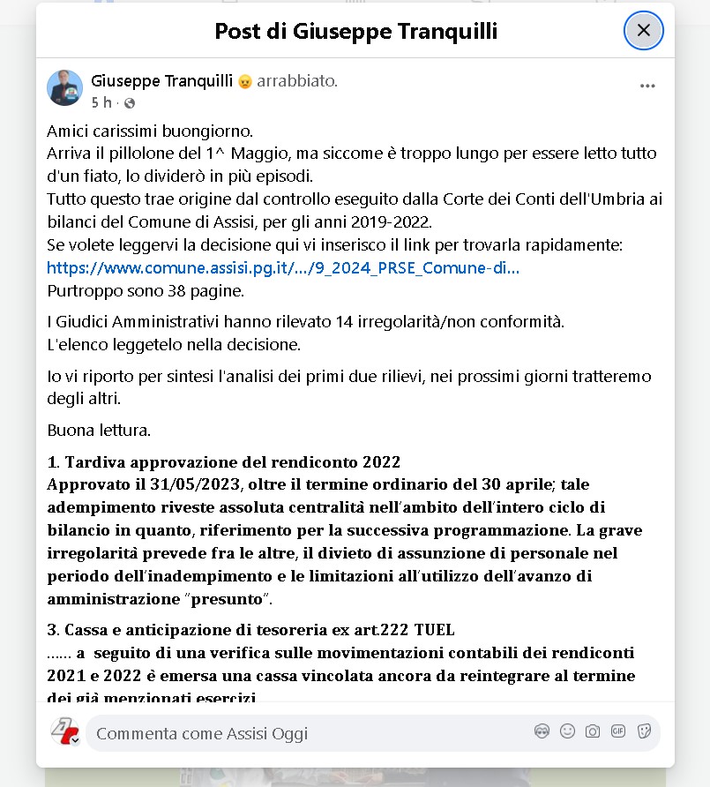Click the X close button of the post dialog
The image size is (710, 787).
[643, 31]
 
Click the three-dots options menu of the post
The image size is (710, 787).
[647, 86]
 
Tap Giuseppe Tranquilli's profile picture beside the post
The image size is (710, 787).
[64, 88]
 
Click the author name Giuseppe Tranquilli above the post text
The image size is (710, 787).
[161, 81]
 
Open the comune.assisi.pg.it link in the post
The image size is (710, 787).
[282, 268]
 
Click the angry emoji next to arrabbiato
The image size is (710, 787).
[245, 82]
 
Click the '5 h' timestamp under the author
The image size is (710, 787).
[101, 102]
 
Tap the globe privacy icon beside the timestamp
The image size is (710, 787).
[129, 103]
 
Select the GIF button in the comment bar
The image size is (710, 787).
[618, 731]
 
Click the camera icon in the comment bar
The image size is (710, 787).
[593, 731]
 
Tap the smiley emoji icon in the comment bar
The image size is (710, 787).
[567, 731]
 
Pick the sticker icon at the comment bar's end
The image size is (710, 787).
[644, 731]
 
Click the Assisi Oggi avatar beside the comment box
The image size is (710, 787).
[64, 731]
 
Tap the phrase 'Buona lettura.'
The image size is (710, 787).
[99, 431]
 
